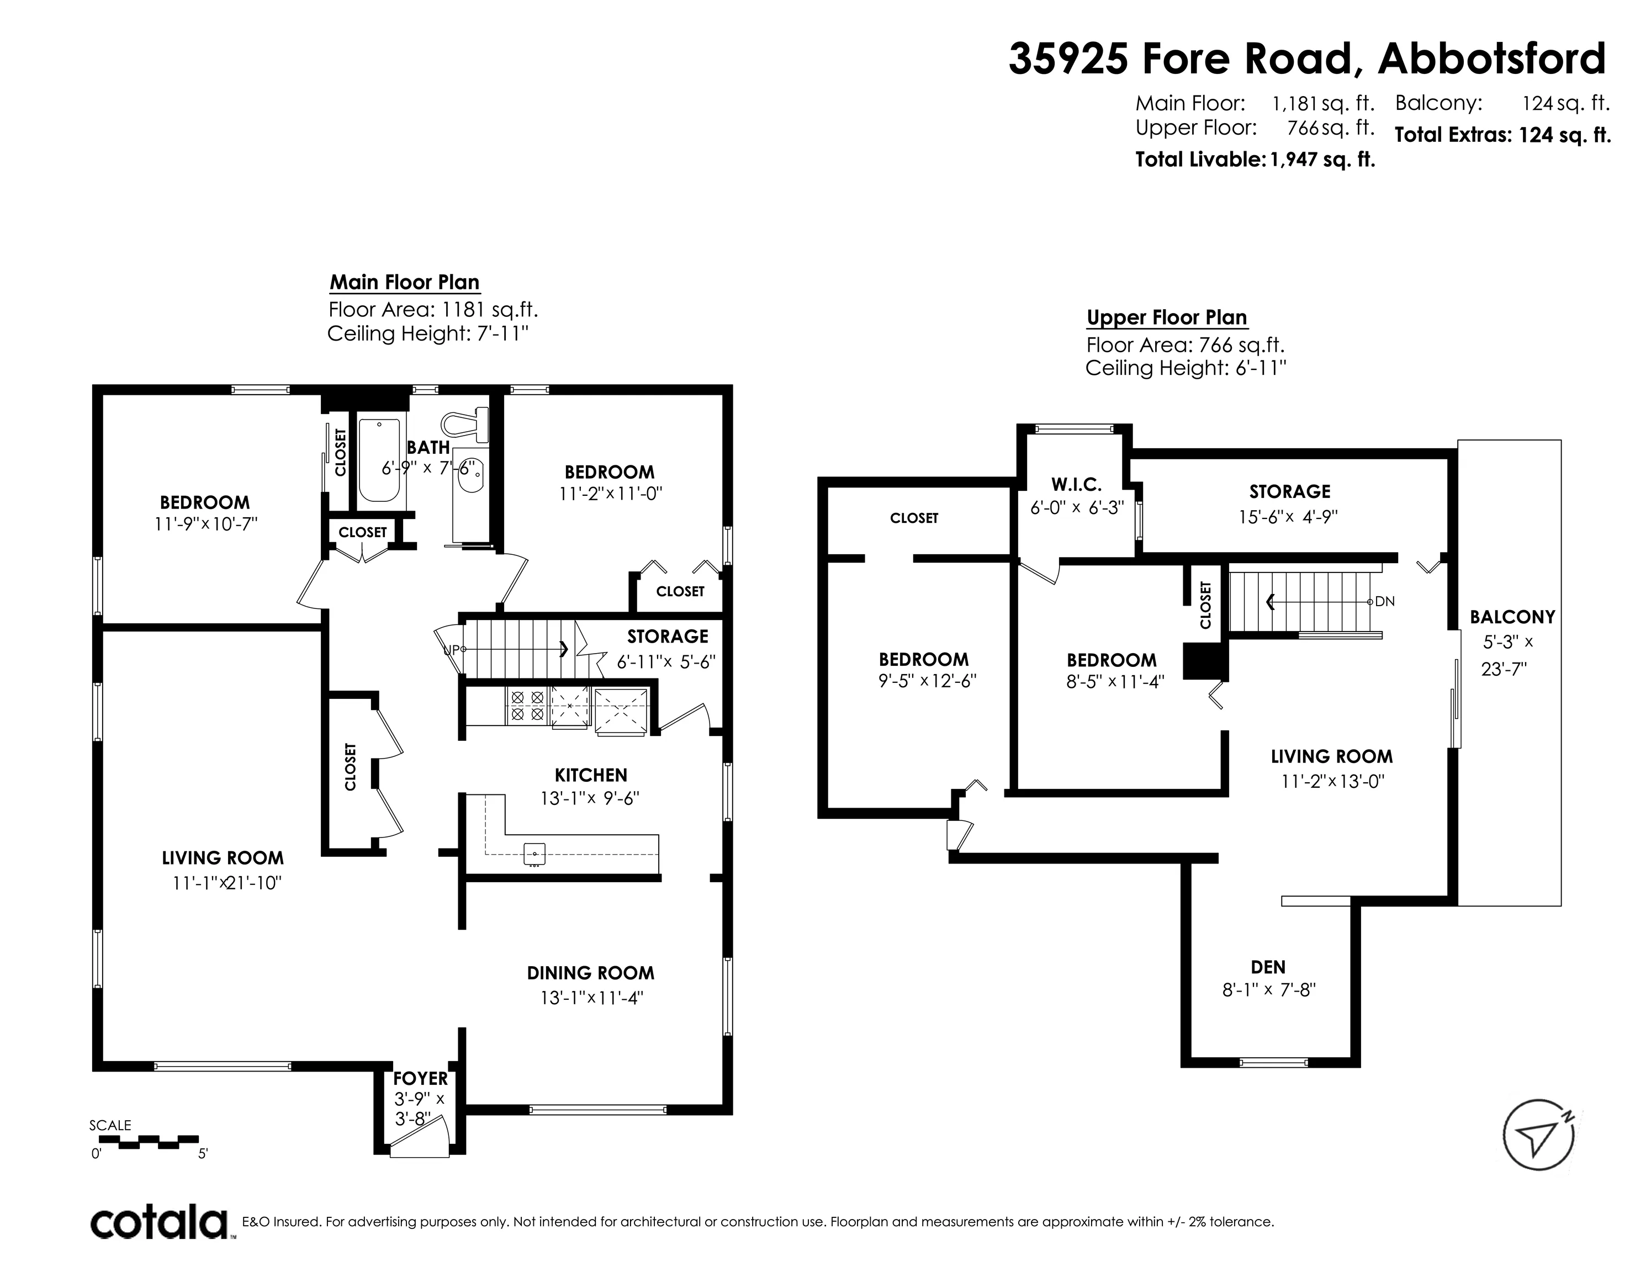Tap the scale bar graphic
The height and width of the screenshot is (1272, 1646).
point(149,1142)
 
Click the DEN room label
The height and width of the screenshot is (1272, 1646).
point(1268,967)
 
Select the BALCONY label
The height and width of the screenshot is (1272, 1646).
point(1512,617)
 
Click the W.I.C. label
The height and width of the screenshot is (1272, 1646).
point(1076,485)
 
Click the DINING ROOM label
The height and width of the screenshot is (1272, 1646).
point(590,973)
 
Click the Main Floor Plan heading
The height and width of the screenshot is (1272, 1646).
point(405,283)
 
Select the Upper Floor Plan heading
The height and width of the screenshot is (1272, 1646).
point(1166,317)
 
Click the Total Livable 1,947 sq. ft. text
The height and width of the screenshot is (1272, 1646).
point(1255,160)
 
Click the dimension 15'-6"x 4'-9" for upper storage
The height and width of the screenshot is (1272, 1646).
point(1288,517)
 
